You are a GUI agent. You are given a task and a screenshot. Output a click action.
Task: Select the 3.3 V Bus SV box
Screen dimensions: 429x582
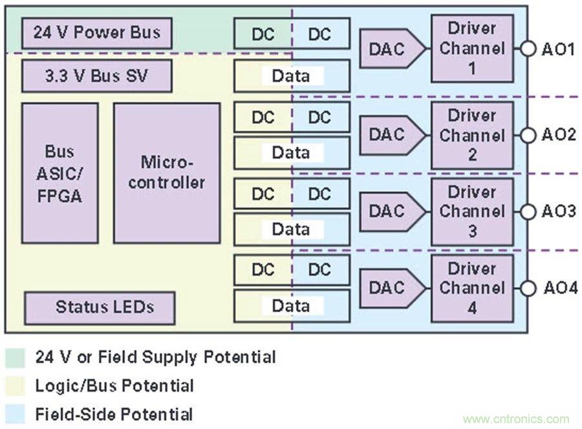click(x=97, y=76)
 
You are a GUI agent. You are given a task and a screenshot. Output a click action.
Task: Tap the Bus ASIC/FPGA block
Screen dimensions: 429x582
click(x=60, y=173)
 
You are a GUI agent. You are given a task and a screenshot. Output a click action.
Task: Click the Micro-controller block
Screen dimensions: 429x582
click(x=167, y=173)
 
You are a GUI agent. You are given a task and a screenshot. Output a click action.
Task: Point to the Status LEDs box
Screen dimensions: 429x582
click(x=100, y=308)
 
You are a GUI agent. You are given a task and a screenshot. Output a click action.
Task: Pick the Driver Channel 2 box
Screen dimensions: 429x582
click(x=472, y=135)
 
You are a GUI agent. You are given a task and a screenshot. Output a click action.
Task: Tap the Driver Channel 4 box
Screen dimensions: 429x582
click(x=472, y=288)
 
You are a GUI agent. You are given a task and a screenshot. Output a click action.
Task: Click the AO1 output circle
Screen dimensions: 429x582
click(x=528, y=48)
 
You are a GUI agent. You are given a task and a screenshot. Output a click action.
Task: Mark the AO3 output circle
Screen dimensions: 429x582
click(x=528, y=211)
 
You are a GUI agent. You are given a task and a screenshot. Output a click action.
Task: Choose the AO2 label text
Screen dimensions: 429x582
click(x=559, y=135)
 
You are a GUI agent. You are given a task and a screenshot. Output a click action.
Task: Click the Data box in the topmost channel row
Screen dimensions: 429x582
click(x=292, y=76)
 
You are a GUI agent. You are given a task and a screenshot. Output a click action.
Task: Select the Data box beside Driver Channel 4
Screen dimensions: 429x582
click(x=292, y=306)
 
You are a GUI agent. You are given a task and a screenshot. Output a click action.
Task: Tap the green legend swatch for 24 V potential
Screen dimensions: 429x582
click(x=14, y=357)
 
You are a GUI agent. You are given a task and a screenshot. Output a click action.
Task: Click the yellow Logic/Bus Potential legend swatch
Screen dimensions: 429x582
click(x=14, y=386)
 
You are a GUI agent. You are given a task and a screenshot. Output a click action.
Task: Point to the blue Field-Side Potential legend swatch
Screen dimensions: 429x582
click(x=14, y=414)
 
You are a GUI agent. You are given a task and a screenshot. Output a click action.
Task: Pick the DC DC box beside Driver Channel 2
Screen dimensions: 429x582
click(x=292, y=118)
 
